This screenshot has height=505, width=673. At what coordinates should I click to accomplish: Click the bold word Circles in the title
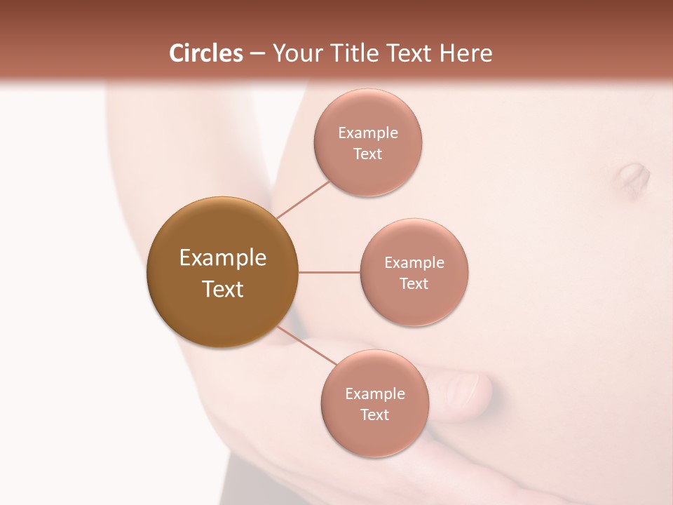click(x=206, y=53)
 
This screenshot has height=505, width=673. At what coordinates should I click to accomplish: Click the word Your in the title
click(x=295, y=53)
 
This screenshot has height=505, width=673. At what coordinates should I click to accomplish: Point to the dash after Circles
click(x=257, y=54)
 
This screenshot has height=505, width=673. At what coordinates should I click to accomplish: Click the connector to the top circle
click(x=303, y=200)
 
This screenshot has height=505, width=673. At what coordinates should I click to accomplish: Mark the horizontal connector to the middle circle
click(x=329, y=272)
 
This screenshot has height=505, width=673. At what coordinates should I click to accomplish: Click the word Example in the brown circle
click(x=223, y=258)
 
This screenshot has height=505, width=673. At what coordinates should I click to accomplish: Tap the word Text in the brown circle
click(x=223, y=289)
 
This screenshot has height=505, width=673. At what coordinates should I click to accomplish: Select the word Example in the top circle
click(x=368, y=133)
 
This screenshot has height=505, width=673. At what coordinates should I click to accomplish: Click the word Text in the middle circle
click(x=414, y=284)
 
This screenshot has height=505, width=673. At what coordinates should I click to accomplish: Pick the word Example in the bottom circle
click(x=375, y=394)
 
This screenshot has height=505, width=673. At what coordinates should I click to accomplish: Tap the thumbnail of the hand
click(x=463, y=387)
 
